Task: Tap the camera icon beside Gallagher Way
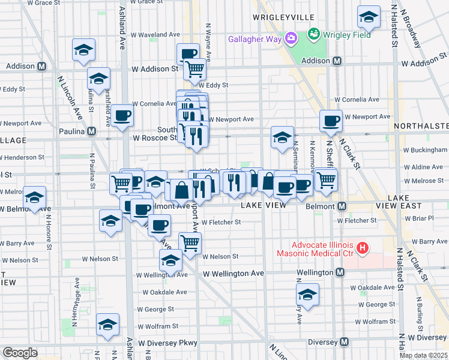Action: point(291,39)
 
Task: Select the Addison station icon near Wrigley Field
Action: point(337,61)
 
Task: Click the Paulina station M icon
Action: point(91,131)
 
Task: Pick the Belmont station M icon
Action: point(342,206)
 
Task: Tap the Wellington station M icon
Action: point(340,272)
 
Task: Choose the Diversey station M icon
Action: point(344,342)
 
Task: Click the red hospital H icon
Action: point(361,247)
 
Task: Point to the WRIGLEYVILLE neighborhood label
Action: point(285,19)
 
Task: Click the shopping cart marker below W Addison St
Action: point(194,70)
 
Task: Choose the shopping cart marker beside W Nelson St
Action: point(190,243)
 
